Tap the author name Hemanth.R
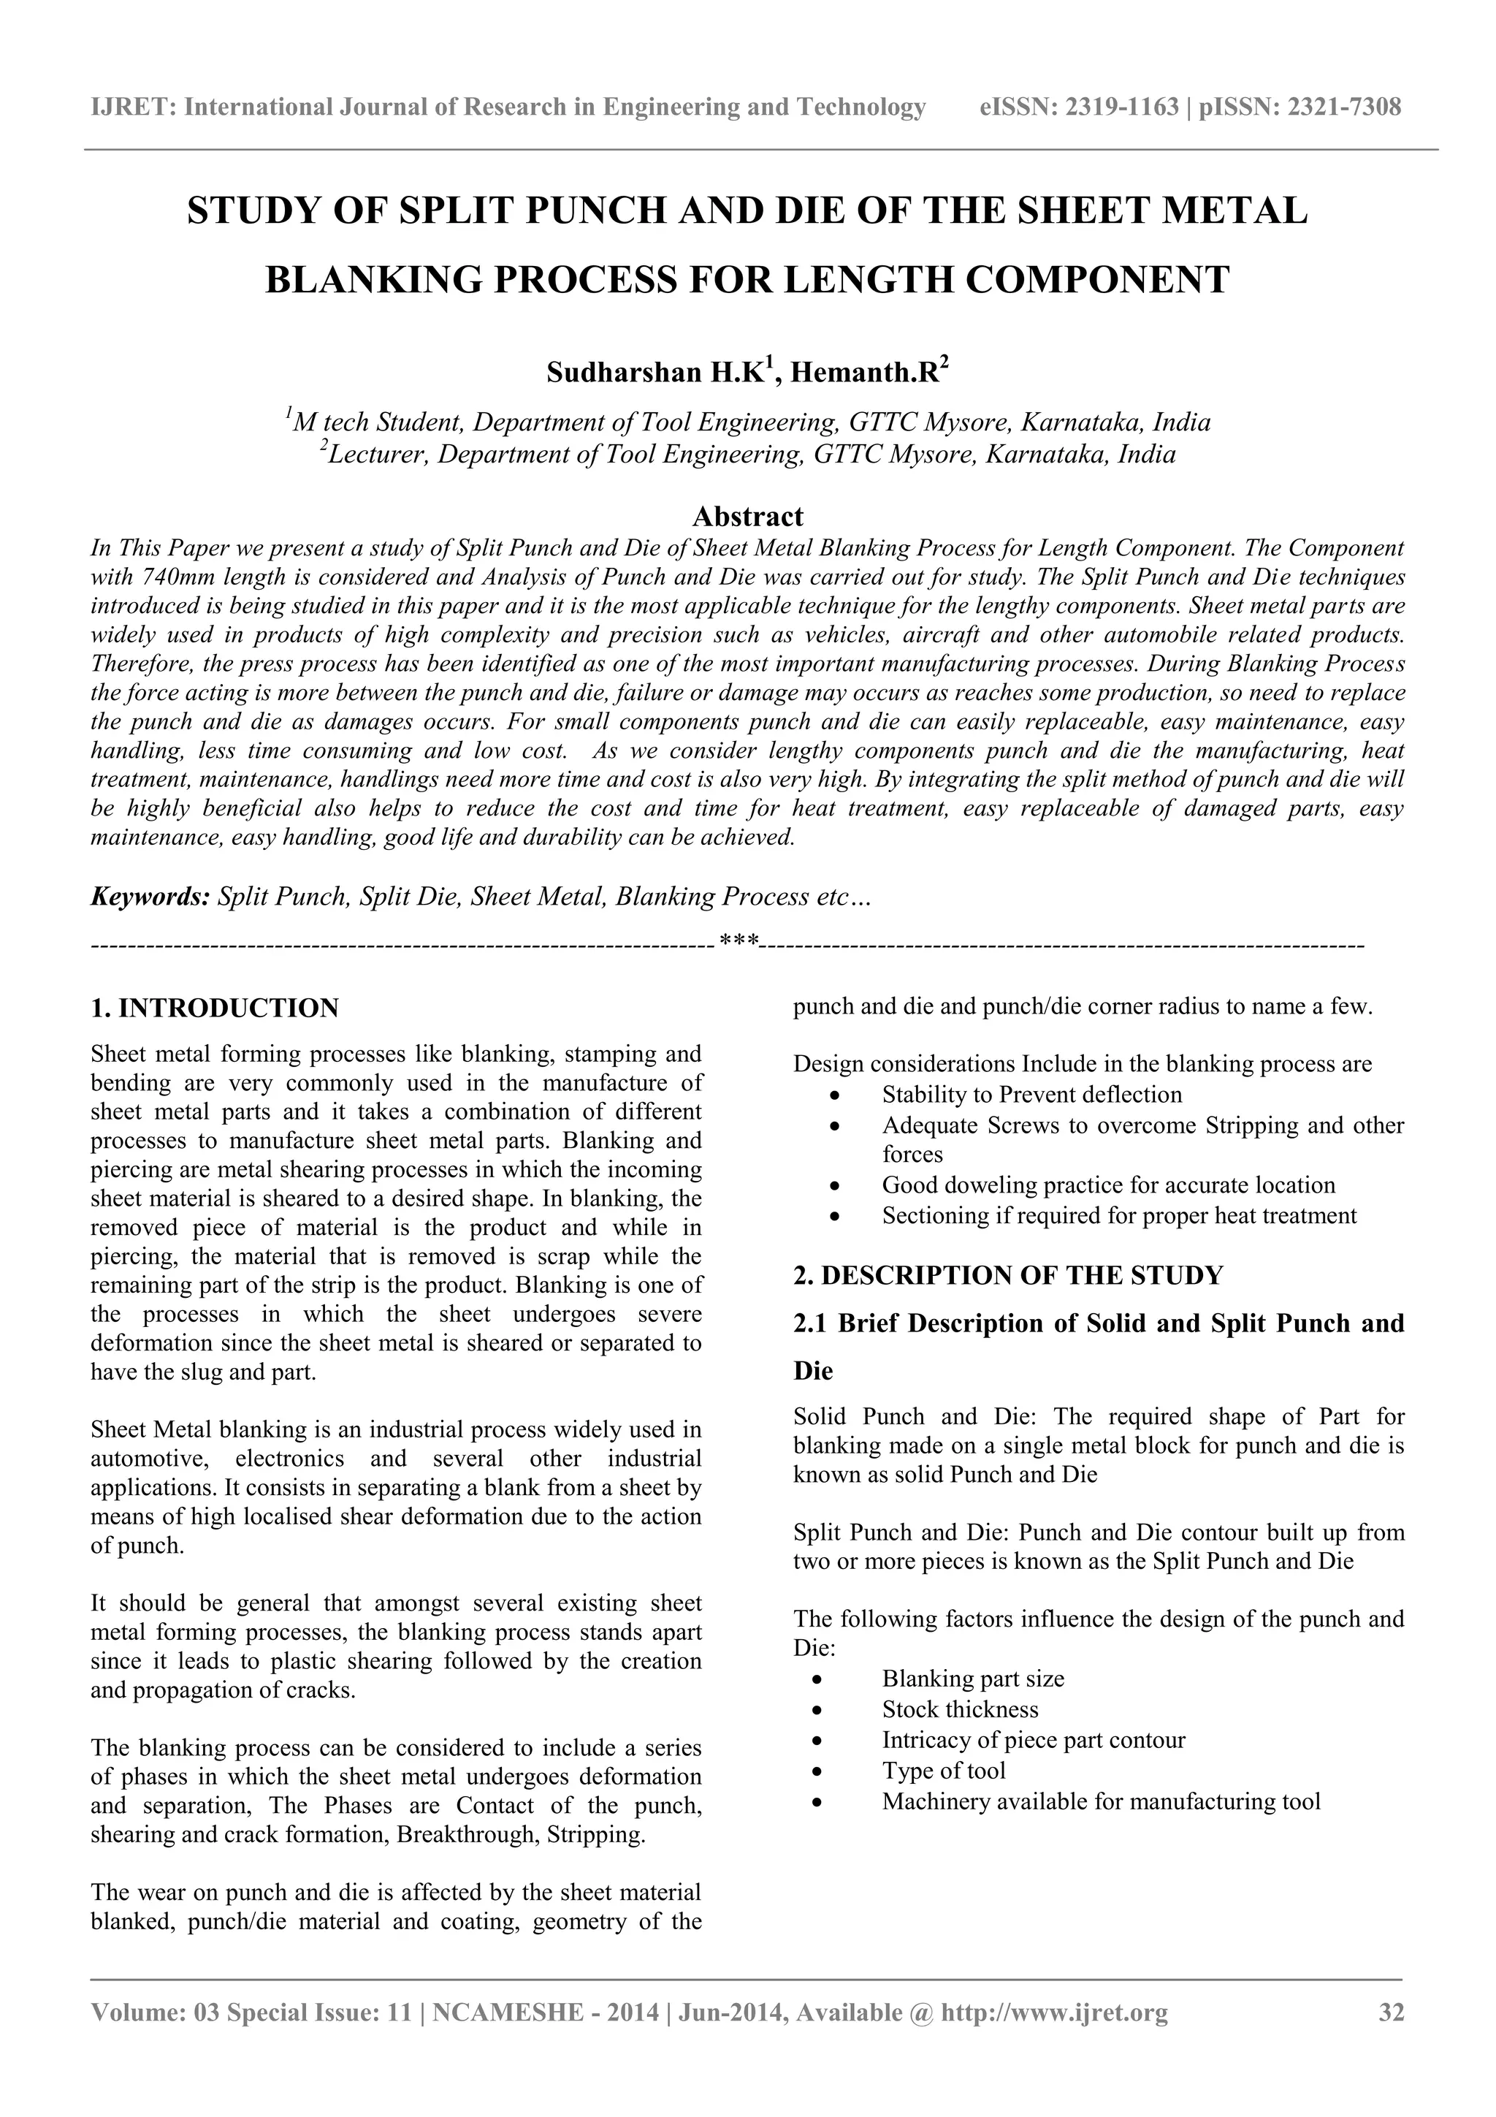coord(863,373)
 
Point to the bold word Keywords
coord(150,896)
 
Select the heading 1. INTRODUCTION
coord(215,1008)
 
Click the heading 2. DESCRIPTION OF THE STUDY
coord(1007,1275)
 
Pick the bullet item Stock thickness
coord(960,1709)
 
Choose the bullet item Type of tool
coord(943,1771)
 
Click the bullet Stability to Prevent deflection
coord(1031,1095)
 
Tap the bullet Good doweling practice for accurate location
coord(1108,1185)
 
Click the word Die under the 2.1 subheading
coord(813,1371)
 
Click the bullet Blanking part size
coord(972,1679)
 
